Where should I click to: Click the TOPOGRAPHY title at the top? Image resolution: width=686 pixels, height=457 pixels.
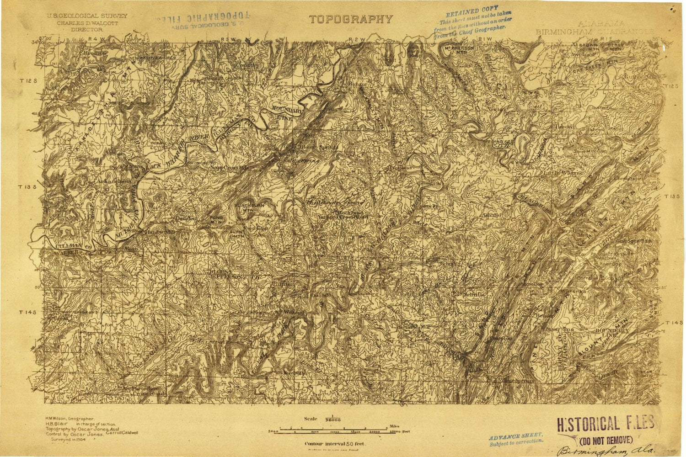pyautogui.click(x=351, y=19)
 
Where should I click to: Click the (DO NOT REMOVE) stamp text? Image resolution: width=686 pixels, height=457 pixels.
pyautogui.click(x=606, y=440)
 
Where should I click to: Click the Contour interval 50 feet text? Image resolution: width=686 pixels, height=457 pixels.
pyautogui.click(x=335, y=444)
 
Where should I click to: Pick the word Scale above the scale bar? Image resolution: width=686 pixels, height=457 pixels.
pyautogui.click(x=311, y=419)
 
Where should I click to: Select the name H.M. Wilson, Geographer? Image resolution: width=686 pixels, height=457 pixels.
pyautogui.click(x=70, y=419)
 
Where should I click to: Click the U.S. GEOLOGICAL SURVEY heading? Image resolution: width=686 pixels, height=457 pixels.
pyautogui.click(x=86, y=16)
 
